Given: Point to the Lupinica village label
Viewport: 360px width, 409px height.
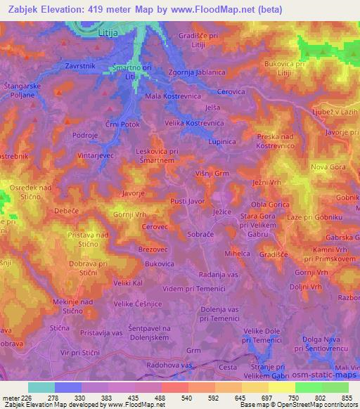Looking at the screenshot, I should click(223, 141).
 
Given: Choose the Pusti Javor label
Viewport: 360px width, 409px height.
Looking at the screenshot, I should click(188, 201).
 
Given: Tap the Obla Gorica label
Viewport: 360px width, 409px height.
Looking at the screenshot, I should click(271, 204).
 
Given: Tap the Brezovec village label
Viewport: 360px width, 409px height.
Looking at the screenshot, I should click(154, 249).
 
